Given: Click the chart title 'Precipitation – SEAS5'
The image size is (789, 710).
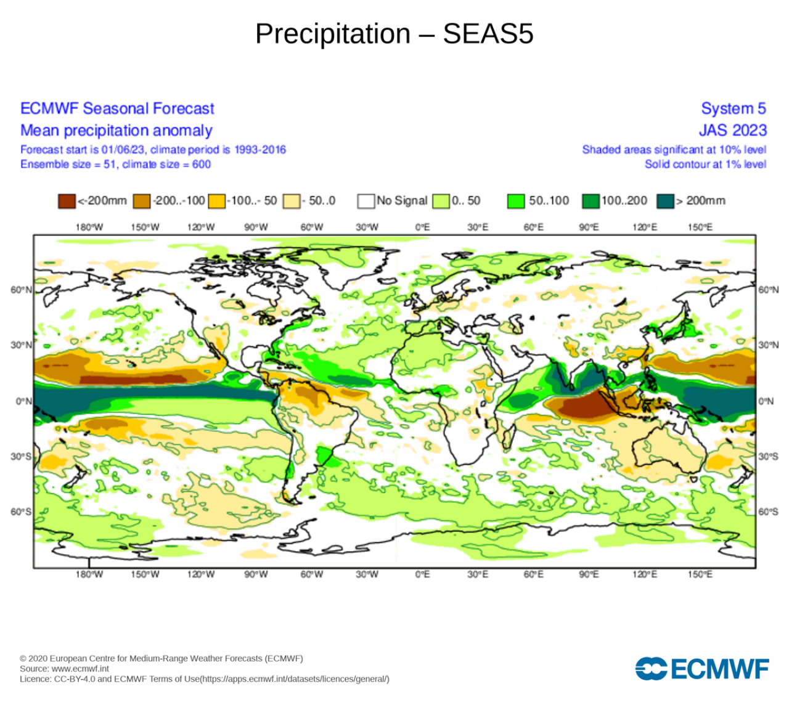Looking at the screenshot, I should tap(394, 34).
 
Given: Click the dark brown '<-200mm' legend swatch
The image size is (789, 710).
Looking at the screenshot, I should tap(67, 201).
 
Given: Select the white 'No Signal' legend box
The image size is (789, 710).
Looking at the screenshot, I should tap(366, 201).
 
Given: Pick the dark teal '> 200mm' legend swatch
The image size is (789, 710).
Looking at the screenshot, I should tap(665, 201).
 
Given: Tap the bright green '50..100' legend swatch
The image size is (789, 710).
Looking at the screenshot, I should tap(516, 201).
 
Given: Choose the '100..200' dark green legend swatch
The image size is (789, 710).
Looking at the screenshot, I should tap(591, 201).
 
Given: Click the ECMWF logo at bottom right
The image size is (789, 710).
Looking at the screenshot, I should tap(702, 669).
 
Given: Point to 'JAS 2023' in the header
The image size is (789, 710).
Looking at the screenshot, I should tap(732, 131).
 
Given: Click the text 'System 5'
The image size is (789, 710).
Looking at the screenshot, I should tap(733, 108).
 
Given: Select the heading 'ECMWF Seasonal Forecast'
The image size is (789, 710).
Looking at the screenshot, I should tap(117, 108).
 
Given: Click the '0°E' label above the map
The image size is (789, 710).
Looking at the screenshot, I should tap(422, 227).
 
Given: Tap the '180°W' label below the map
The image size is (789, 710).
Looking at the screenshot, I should tap(89, 574).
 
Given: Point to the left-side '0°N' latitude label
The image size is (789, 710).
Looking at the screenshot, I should tap(23, 401).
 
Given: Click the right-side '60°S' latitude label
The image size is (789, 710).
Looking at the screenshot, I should tap(768, 512).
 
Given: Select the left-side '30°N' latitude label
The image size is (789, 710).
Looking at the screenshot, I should tap(21, 345).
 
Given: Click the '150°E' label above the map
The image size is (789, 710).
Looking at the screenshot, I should tap(700, 227).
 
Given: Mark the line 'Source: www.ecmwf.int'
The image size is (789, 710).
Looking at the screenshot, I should tap(64, 669).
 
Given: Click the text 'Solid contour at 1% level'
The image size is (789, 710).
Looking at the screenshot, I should tap(705, 165).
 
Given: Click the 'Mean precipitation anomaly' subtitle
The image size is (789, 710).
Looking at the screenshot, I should tap(117, 131).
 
